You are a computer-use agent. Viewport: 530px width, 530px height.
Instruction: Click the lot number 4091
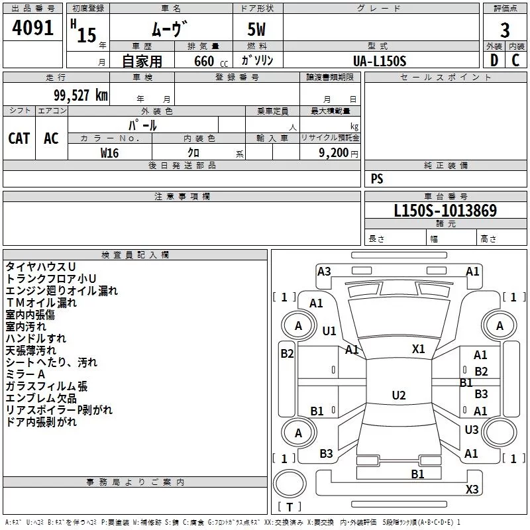(x=32, y=29)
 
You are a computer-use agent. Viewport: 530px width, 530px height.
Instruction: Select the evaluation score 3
(x=505, y=30)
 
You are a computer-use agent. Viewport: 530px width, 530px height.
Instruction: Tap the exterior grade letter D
(x=494, y=60)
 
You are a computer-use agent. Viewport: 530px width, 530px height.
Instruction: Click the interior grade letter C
(x=515, y=60)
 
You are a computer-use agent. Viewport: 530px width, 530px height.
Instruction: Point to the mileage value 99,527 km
(x=76, y=95)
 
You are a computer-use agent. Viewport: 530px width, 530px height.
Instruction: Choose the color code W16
(x=109, y=152)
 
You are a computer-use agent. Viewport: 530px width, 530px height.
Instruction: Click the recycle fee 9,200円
(x=339, y=152)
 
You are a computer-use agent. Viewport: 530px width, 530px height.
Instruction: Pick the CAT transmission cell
(x=19, y=138)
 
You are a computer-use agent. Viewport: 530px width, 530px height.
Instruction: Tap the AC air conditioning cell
(x=51, y=138)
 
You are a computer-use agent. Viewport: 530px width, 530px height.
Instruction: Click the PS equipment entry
(x=377, y=179)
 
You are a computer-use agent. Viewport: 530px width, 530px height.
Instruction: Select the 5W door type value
(x=257, y=30)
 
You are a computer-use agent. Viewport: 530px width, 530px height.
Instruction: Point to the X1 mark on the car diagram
(x=418, y=349)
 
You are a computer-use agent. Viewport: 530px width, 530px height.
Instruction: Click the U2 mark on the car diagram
(x=398, y=396)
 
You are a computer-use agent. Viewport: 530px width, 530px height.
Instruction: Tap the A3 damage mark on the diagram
(x=324, y=271)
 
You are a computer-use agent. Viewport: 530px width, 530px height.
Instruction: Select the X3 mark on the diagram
(x=472, y=490)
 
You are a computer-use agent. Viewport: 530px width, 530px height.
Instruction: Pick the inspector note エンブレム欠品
(x=41, y=398)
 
